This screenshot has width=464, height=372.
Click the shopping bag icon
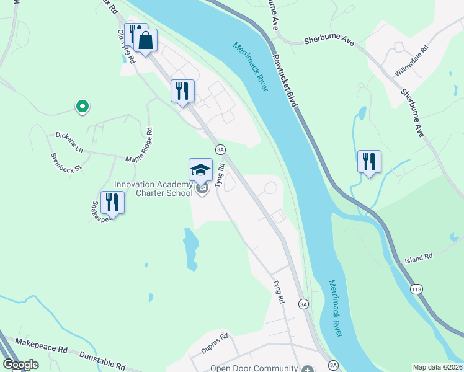tap(145, 42)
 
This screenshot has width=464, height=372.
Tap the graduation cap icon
tap(200, 170)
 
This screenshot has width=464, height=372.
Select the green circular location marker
tap(81, 107)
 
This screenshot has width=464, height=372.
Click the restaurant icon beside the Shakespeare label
tap(112, 202)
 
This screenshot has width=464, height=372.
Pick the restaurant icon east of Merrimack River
tap(369, 162)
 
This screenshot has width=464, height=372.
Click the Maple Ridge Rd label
tap(138, 148)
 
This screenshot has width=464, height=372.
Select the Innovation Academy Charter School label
tap(154, 188)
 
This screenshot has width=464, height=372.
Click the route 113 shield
tap(417, 289)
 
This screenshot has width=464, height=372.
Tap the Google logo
tap(21, 365)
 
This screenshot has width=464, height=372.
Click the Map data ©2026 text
tap(437, 367)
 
